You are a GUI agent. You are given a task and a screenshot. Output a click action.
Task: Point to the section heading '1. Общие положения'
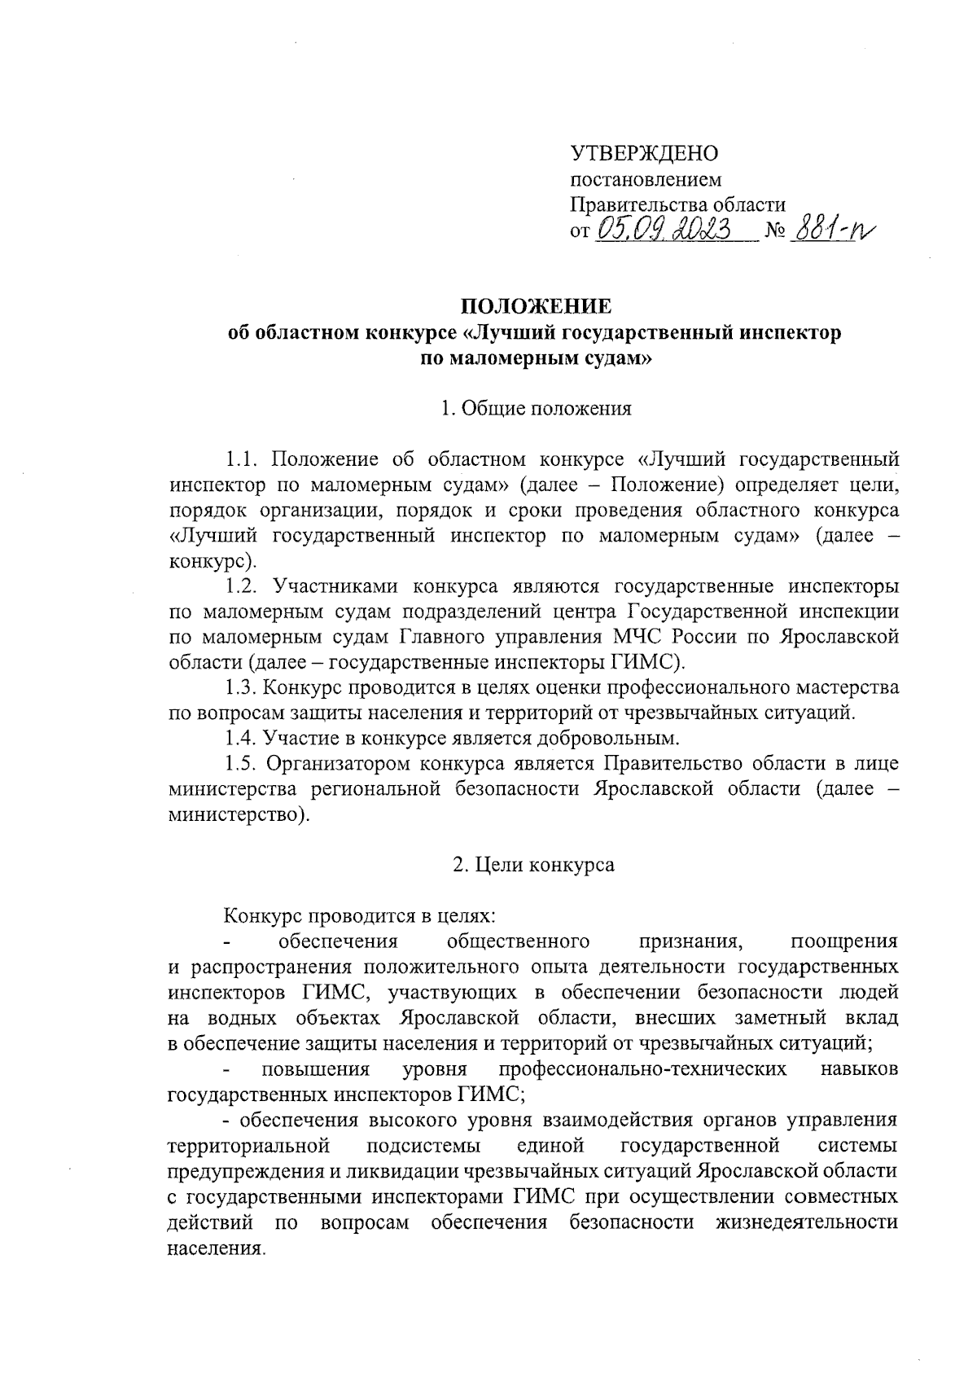point(535,409)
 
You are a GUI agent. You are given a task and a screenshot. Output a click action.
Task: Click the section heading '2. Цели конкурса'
point(533,865)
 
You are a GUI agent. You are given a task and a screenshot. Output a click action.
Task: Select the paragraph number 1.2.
point(242,586)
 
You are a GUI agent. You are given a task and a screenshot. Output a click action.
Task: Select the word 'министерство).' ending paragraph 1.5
point(239,814)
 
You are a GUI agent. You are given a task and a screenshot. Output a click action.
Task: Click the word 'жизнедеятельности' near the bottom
point(807,1222)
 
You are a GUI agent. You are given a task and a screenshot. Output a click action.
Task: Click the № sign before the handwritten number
point(774,233)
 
